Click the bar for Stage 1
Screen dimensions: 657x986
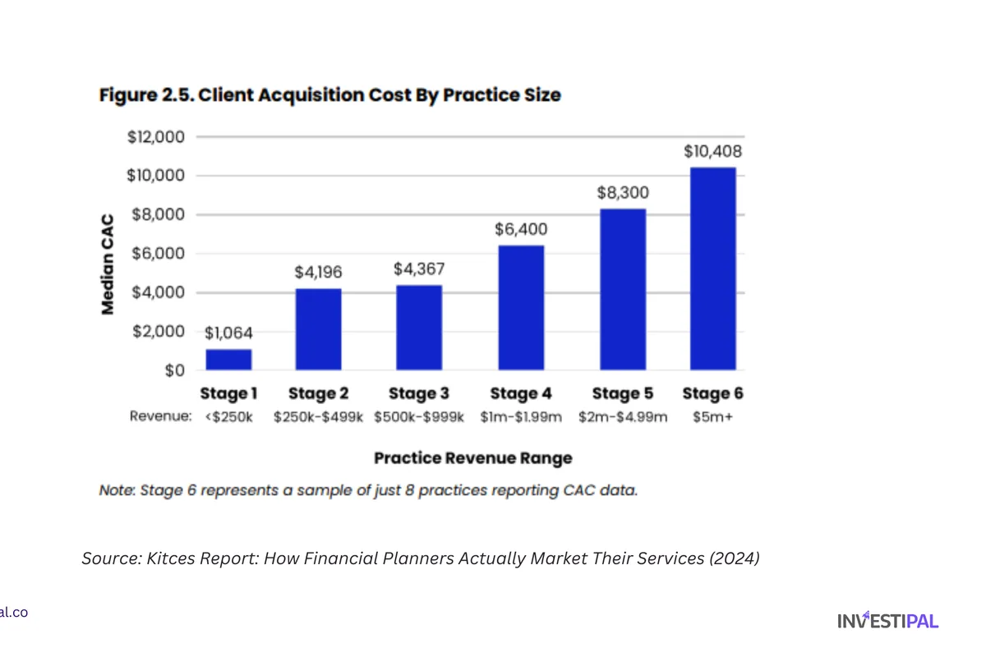pos(228,360)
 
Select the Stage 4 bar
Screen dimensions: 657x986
pos(520,308)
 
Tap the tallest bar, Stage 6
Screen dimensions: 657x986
pos(712,269)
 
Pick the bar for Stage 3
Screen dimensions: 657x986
pos(419,328)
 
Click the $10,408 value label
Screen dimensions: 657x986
pos(712,152)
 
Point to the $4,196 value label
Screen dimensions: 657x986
pos(318,273)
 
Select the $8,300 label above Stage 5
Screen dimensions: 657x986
pos(622,193)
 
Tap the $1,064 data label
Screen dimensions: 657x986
pos(228,333)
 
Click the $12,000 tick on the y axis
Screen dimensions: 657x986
pos(156,137)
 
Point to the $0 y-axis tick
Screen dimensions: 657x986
pos(173,371)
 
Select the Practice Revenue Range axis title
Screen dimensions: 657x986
pos(472,458)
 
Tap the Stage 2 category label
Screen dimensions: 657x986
pos(318,394)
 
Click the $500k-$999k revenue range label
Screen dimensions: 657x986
pos(419,417)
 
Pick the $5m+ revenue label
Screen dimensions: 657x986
pos(712,417)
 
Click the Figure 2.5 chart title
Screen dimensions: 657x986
pos(329,95)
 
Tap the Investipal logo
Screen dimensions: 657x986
pos(887,621)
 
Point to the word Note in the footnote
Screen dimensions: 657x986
pos(117,491)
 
